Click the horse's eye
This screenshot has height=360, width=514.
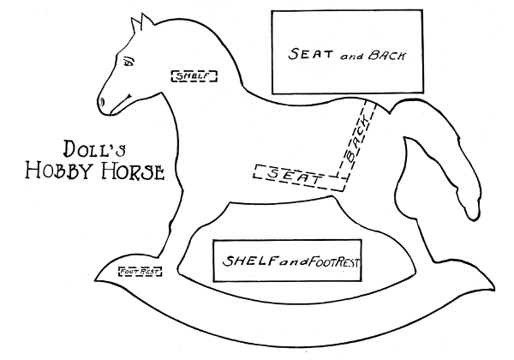pos(129,62)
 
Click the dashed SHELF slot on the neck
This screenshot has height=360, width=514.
pos(194,75)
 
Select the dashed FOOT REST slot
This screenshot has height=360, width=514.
pos(140,273)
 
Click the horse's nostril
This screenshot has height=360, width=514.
pos(104,101)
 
